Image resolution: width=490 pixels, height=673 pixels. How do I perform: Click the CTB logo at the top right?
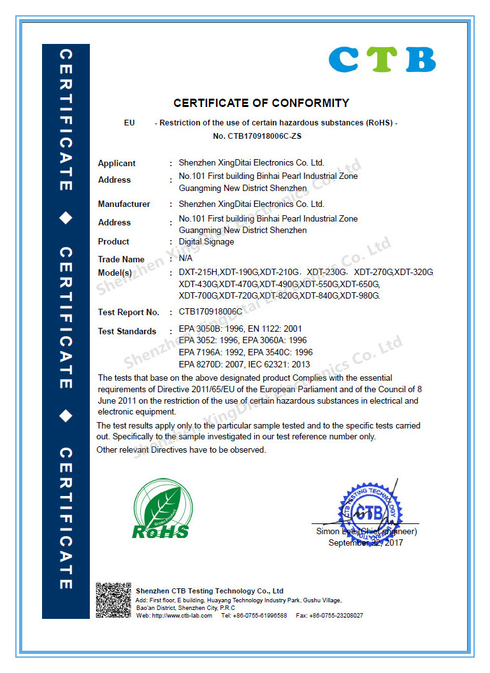tap(382, 59)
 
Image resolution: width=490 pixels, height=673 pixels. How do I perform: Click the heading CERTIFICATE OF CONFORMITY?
tap(261, 103)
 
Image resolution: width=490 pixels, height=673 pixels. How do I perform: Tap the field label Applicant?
tap(117, 164)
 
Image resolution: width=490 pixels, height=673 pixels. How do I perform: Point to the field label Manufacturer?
tap(124, 204)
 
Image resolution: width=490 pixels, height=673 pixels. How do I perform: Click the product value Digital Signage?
tap(206, 242)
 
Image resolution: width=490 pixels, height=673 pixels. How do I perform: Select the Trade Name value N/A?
tap(185, 259)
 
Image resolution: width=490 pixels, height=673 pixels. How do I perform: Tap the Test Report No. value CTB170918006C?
tap(211, 312)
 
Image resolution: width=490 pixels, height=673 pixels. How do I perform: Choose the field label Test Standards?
tap(127, 331)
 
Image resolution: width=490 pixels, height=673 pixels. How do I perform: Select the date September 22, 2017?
tap(366, 542)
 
